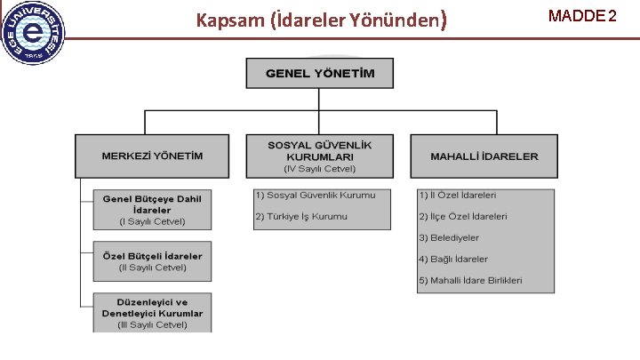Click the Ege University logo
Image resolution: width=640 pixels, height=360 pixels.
pyautogui.click(x=34, y=32)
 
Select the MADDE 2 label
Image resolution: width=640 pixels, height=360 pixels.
pyautogui.click(x=582, y=15)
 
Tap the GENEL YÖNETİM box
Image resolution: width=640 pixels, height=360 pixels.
pyautogui.click(x=320, y=72)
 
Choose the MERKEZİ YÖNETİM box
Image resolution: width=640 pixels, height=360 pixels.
pyautogui.click(x=152, y=156)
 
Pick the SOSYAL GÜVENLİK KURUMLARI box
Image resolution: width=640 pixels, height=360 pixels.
pyautogui.click(x=320, y=156)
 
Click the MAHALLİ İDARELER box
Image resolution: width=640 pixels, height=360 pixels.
pyautogui.click(x=484, y=156)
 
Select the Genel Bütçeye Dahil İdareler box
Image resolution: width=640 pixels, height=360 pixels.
pyautogui.click(x=153, y=210)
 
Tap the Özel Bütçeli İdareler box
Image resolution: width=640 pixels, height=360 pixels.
pyautogui.click(x=153, y=260)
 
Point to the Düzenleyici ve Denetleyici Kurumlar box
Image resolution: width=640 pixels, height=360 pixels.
pyautogui.click(x=153, y=313)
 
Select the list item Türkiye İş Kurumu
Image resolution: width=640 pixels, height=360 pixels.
pyautogui.click(x=301, y=217)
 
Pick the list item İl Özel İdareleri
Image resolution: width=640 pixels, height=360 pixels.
pyautogui.click(x=458, y=195)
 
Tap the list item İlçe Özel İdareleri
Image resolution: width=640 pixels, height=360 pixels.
pyautogui.click(x=463, y=216)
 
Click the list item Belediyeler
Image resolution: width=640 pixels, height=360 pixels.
pyautogui.click(x=449, y=237)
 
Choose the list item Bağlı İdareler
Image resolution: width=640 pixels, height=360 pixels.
pyautogui.click(x=453, y=259)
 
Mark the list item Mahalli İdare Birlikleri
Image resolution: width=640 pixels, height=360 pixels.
pyautogui.click(x=470, y=280)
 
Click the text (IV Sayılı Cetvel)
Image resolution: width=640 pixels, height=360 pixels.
pyautogui.click(x=320, y=168)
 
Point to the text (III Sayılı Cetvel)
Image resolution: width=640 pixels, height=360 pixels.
pyautogui.click(x=153, y=324)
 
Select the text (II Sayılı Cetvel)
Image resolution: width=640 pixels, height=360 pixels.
pyautogui.click(x=153, y=267)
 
